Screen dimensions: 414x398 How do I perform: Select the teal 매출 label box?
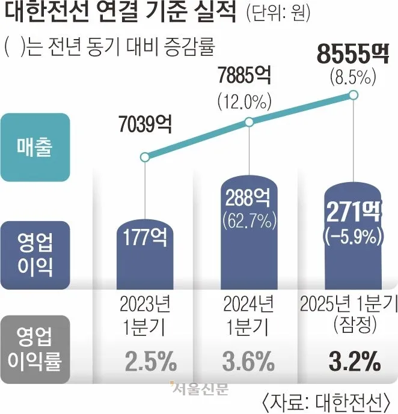point(44,147)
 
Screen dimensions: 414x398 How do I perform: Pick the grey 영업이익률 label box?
point(44,349)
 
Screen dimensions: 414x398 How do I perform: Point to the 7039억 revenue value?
point(144,126)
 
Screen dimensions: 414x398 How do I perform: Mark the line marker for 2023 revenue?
point(144,158)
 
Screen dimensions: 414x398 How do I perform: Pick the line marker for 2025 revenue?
point(354,95)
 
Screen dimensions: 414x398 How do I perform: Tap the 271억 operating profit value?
point(353,212)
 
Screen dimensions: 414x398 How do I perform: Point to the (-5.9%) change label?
point(353,233)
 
